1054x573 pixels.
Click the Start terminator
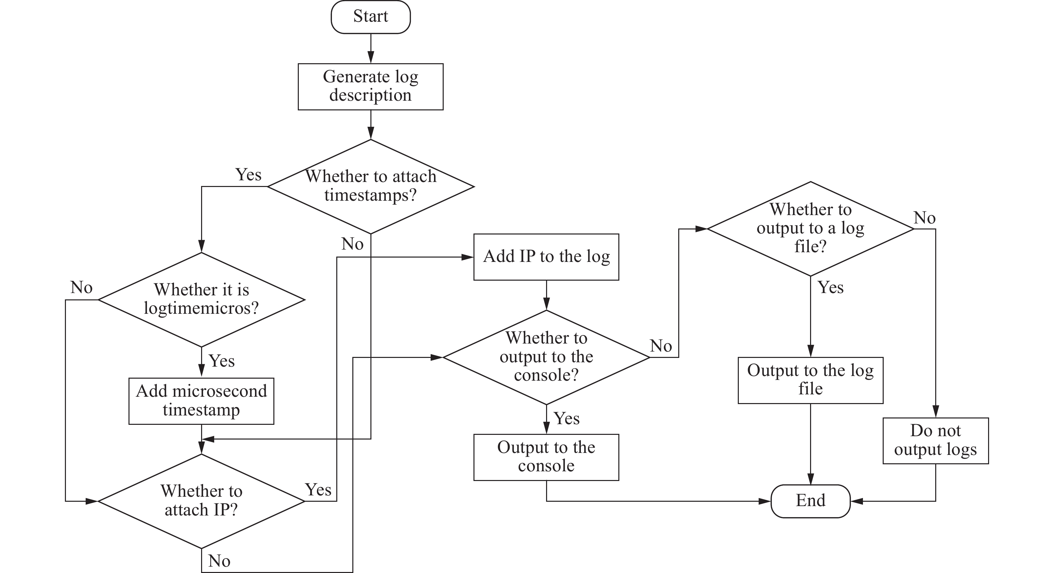coord(371,17)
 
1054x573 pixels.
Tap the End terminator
coord(810,501)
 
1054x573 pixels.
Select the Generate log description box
coord(371,87)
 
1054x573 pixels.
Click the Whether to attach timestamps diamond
coord(371,187)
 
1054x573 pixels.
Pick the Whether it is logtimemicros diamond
coord(201,300)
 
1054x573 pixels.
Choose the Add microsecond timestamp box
coord(201,401)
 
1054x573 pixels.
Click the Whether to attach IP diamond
coord(201,501)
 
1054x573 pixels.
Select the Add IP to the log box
coord(546,257)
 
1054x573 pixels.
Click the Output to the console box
coord(546,457)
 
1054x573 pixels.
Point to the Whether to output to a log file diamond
coord(810,228)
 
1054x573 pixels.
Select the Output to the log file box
coord(810,380)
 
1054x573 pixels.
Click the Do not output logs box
coord(936,441)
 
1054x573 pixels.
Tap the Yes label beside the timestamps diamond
coord(248,175)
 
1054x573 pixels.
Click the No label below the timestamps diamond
coord(352,244)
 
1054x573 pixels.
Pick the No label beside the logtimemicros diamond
coord(81,288)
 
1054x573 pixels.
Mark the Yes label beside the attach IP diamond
coord(318,490)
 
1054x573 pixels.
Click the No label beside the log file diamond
coord(925,217)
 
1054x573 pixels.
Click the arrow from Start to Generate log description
coord(371,48)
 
